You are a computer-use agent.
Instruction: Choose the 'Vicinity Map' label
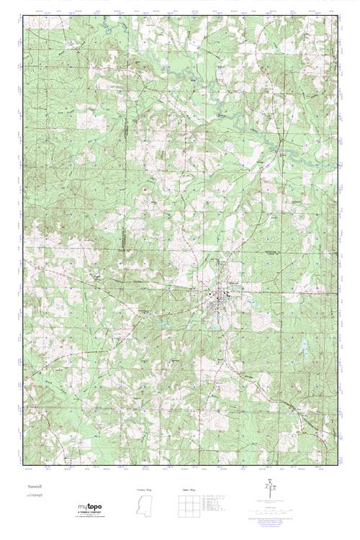coord(145,489)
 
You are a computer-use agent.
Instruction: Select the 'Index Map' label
coord(189,489)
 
